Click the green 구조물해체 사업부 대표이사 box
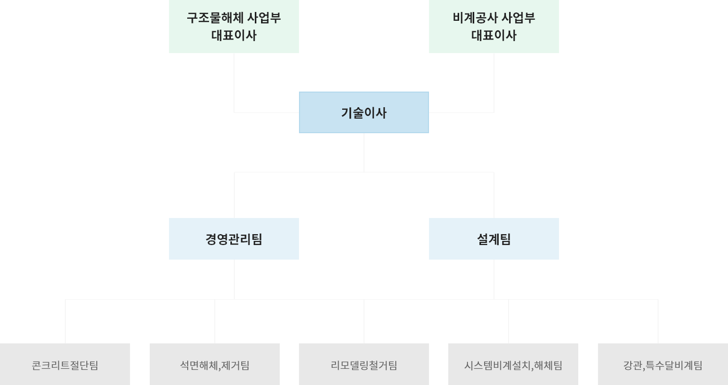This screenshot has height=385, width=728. (234, 26)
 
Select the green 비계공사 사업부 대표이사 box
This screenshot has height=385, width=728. (494, 26)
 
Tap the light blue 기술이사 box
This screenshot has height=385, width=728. (364, 112)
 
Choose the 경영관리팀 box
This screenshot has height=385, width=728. (234, 239)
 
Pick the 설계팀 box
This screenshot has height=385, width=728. (494, 239)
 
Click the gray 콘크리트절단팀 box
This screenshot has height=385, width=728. (65, 364)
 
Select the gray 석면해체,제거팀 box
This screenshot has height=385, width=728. (215, 364)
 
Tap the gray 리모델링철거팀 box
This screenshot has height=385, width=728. (364, 364)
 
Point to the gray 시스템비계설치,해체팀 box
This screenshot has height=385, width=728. (513, 364)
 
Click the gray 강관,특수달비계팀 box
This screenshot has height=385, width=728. (663, 364)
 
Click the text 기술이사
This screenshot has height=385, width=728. (364, 113)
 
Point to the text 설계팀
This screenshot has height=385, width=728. (494, 239)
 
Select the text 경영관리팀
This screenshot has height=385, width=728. (234, 239)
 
